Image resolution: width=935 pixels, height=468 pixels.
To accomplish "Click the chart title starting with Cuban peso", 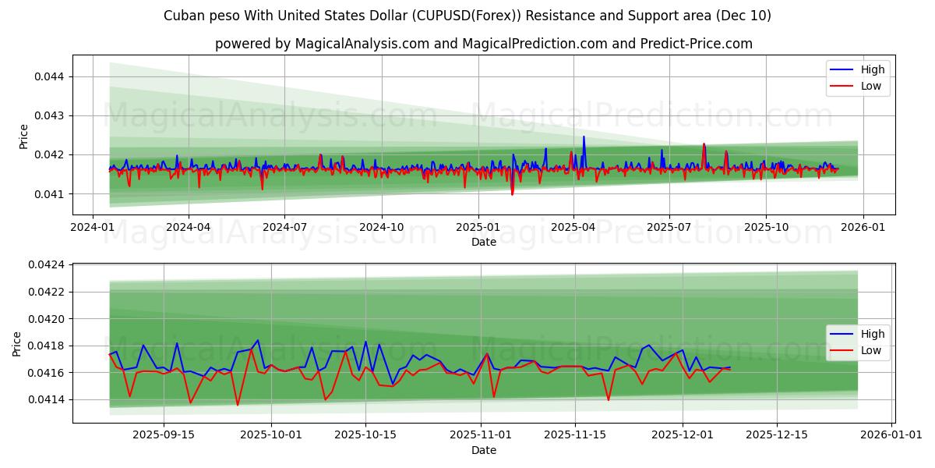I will coord(467,16).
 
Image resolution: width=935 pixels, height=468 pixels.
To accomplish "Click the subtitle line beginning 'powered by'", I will coord(483,44).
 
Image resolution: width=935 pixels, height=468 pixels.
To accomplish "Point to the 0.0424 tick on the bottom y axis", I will coord(45,265).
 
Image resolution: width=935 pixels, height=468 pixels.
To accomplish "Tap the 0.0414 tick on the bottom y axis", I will coord(45,399).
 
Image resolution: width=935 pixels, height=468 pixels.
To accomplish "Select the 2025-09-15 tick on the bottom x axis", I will coord(164,434).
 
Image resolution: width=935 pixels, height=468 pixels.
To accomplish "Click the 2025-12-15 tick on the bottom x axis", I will coord(777,434).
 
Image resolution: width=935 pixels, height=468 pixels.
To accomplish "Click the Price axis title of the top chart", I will coord(24,136).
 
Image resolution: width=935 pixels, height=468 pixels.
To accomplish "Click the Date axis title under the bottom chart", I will coord(483,450).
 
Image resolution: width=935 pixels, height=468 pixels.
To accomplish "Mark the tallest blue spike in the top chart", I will coord(584,137).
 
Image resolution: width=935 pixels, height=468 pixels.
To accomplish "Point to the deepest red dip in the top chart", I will coord(512,194).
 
